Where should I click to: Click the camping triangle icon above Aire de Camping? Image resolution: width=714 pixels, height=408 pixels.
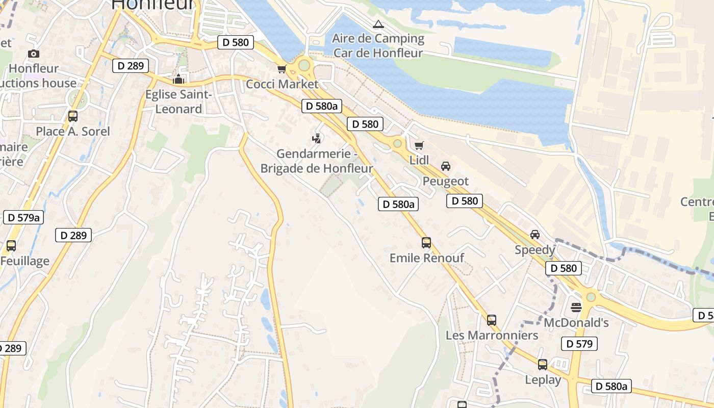(x=378, y=24)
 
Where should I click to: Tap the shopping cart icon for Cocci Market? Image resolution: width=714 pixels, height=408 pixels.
(x=282, y=69)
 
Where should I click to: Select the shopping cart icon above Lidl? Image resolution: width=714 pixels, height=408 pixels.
(x=419, y=146)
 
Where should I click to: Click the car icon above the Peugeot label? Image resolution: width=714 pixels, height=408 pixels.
(x=446, y=166)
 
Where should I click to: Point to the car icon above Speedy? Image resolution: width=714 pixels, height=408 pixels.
(x=534, y=235)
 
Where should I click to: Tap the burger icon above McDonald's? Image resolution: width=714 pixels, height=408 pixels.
(x=576, y=307)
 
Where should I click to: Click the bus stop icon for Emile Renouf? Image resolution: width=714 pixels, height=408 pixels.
(x=426, y=243)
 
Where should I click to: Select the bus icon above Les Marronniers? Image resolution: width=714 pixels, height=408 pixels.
(x=492, y=320)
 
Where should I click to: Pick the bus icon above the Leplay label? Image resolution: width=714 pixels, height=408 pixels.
(x=543, y=365)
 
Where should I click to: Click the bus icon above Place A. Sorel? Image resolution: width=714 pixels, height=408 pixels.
(x=73, y=116)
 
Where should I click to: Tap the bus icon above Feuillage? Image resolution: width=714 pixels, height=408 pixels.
(x=11, y=246)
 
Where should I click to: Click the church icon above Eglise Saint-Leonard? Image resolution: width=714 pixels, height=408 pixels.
(x=178, y=79)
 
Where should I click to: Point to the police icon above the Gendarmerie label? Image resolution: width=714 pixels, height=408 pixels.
(x=317, y=138)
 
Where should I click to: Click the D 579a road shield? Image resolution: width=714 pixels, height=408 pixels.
(x=23, y=217)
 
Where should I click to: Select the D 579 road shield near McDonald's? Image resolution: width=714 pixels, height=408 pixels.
(x=579, y=344)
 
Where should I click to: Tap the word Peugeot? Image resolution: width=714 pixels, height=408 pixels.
(x=446, y=181)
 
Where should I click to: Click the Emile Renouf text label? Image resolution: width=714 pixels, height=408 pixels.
(x=427, y=258)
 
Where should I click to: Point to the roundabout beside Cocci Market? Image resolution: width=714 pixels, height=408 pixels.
(x=304, y=65)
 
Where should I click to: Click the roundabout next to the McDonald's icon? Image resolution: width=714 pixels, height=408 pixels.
(x=591, y=297)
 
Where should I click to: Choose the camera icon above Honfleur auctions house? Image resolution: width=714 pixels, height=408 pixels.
(x=34, y=54)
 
